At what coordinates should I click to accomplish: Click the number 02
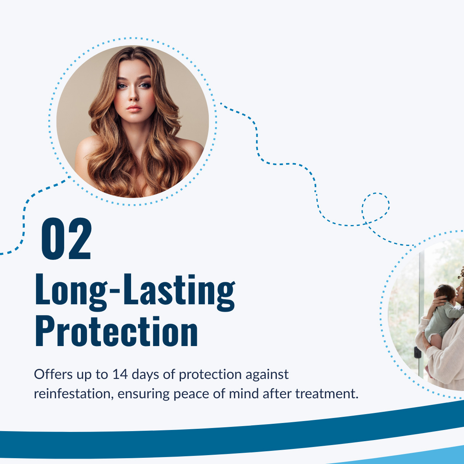(x=67, y=239)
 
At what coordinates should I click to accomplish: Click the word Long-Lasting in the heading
(x=135, y=293)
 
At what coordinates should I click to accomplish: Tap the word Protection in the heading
(x=116, y=331)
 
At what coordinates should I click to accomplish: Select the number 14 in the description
(x=119, y=374)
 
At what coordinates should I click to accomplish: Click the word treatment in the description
(x=327, y=394)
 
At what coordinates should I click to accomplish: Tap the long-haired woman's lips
(x=134, y=109)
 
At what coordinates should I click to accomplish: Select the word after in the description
(x=277, y=394)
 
